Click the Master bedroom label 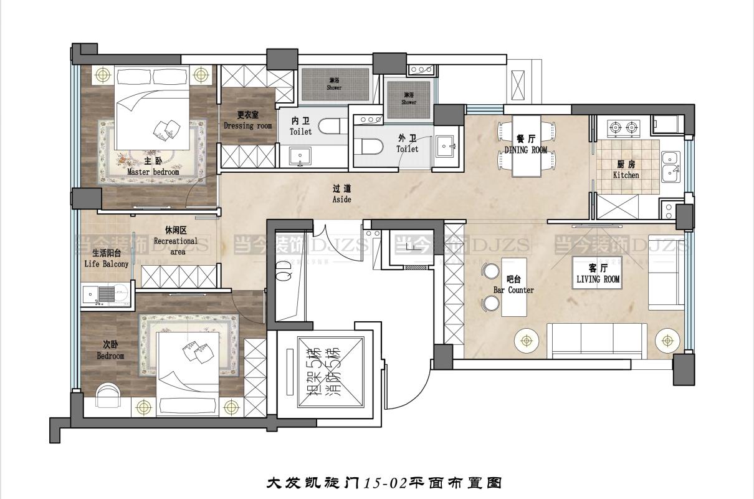pyautogui.click(x=153, y=168)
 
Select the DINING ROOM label pyautogui.click(x=526, y=145)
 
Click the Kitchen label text pyautogui.click(x=626, y=170)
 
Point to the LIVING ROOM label pyautogui.click(x=598, y=275)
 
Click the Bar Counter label pyautogui.click(x=513, y=285)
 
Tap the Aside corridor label pyautogui.click(x=341, y=195)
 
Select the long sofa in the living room pyautogui.click(x=597, y=339)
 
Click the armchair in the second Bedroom pyautogui.click(x=111, y=394)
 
